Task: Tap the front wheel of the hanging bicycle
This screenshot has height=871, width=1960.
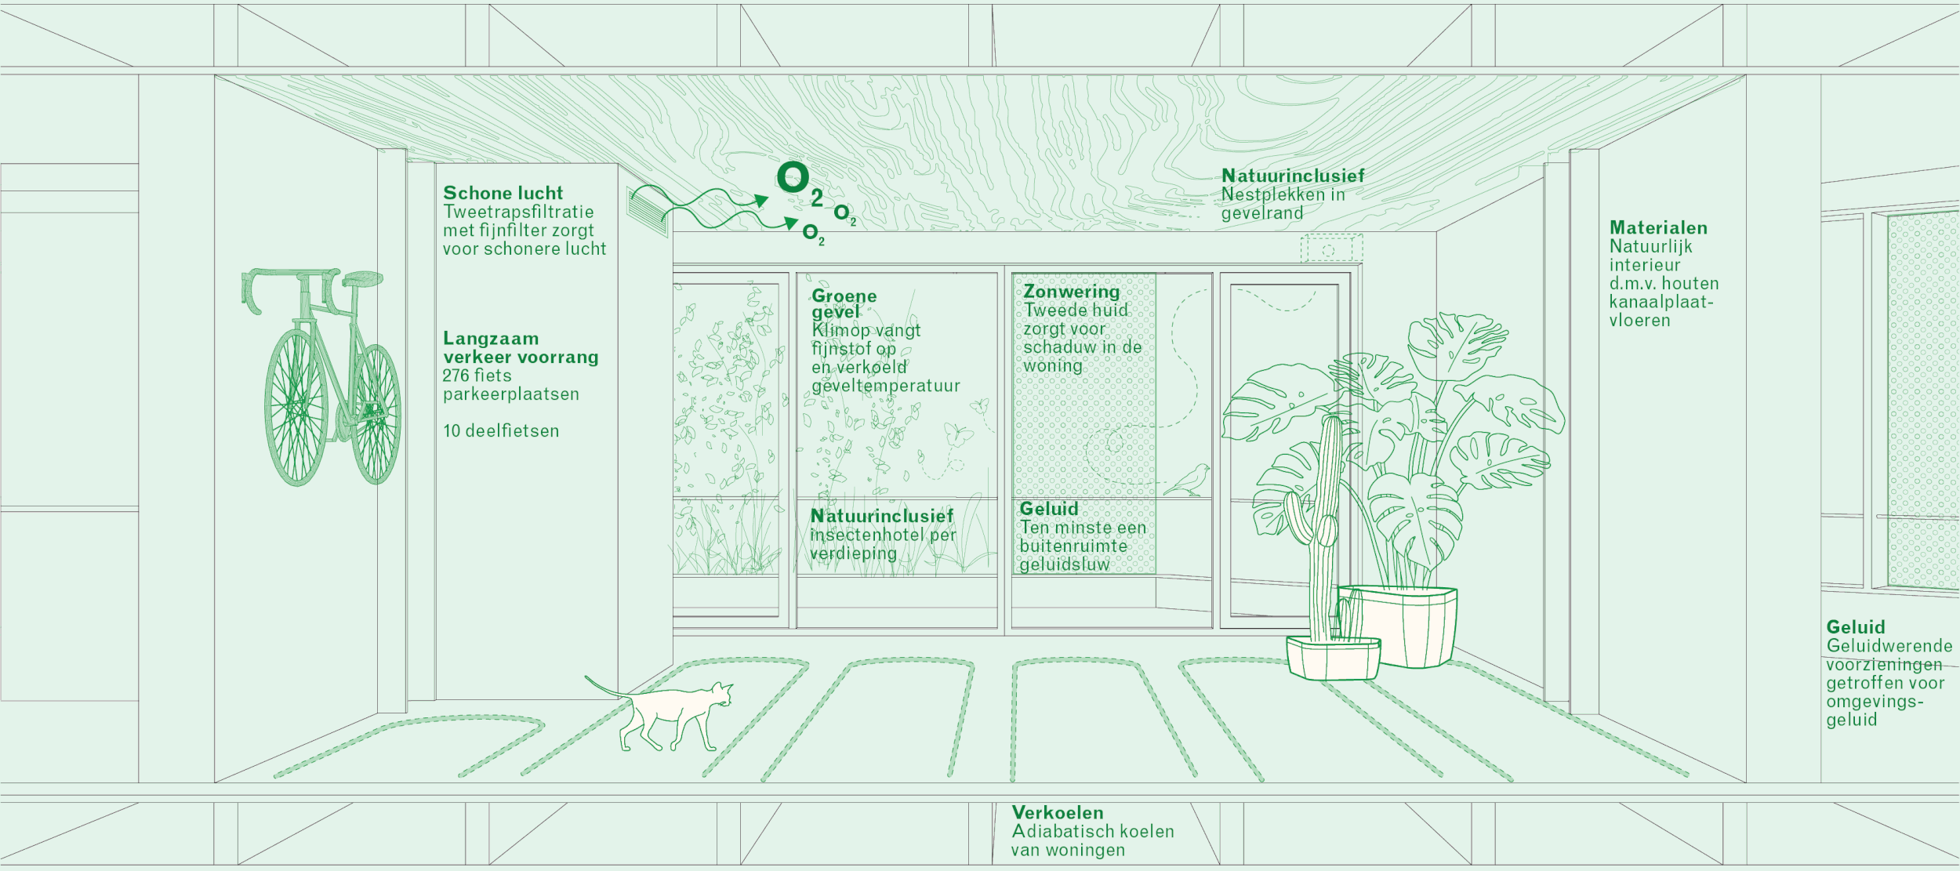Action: click(296, 407)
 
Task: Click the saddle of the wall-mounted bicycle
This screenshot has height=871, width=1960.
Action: click(362, 279)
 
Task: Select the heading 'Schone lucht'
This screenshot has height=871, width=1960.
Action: click(503, 193)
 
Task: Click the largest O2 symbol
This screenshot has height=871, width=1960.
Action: click(794, 178)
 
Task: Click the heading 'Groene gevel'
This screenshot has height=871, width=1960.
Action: click(844, 303)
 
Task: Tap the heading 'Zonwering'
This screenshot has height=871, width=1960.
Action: click(1071, 292)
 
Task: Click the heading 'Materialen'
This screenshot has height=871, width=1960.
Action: click(1658, 228)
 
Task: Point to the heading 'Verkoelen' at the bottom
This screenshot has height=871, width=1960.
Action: click(1057, 813)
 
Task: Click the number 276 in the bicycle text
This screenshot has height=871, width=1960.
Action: click(456, 376)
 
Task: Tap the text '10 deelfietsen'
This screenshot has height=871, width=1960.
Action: click(501, 431)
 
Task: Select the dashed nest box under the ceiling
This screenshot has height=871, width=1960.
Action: click(1331, 249)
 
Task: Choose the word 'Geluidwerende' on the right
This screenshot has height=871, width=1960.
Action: click(1889, 646)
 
